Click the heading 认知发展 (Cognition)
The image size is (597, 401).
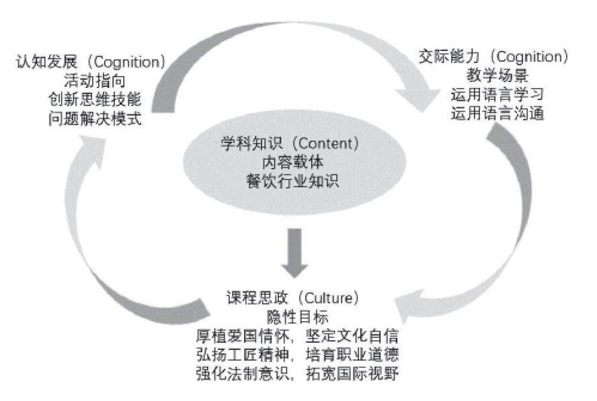coord(90,62)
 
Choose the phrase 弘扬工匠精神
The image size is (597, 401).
coord(235,353)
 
